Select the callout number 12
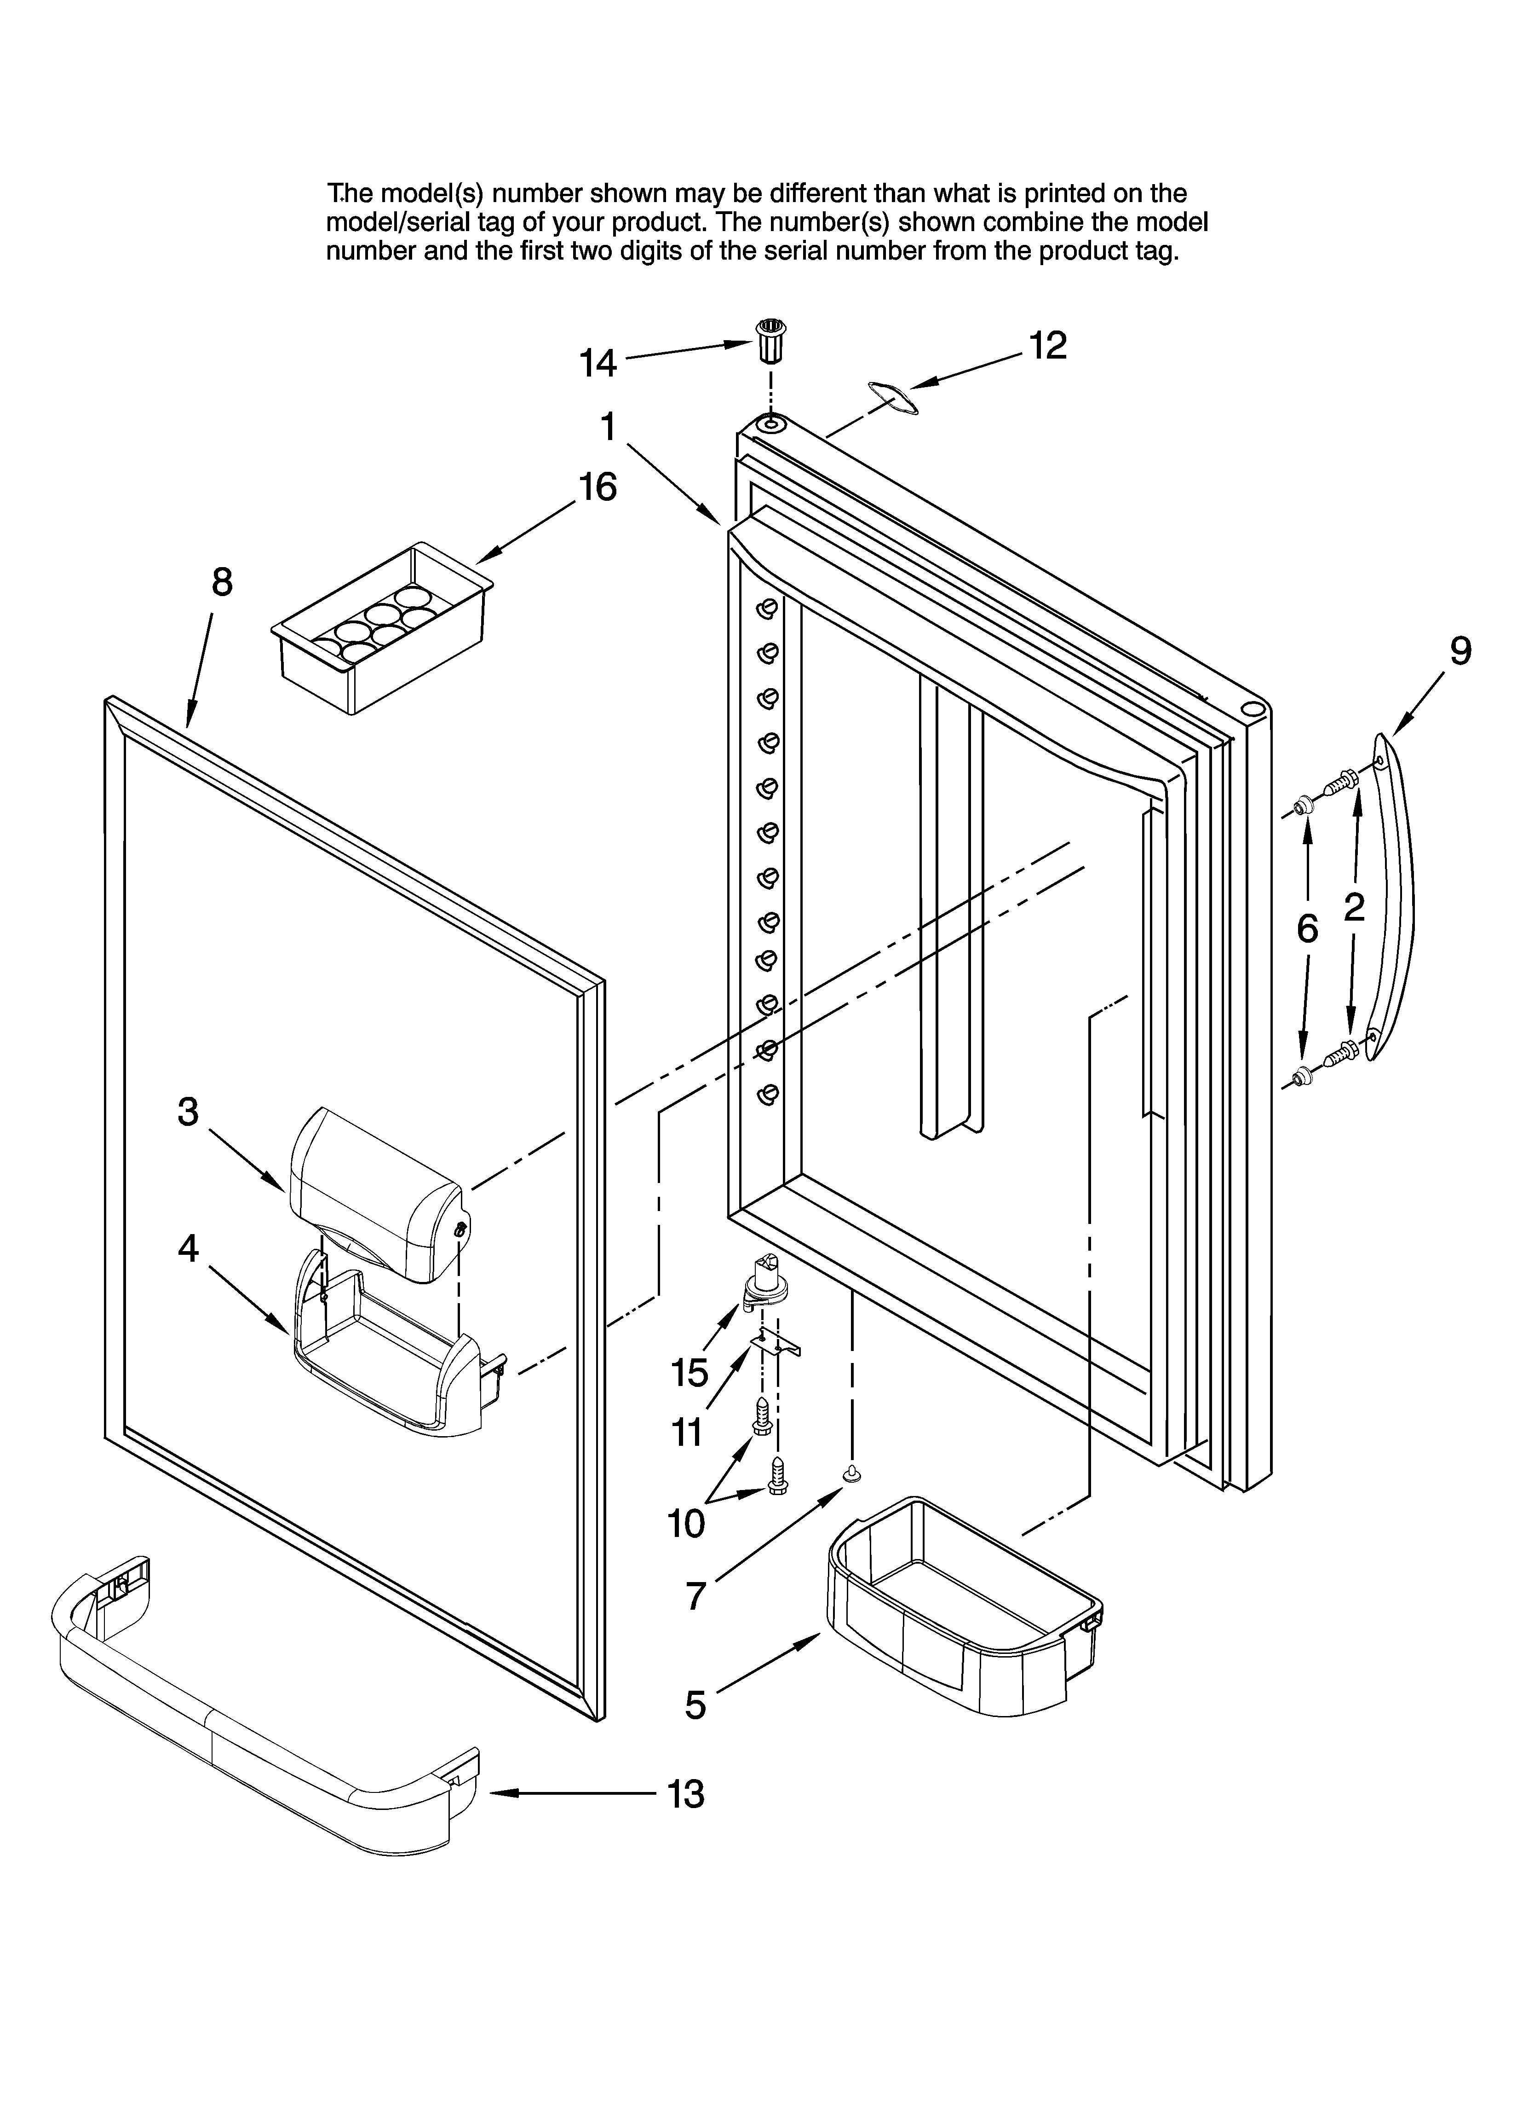coord(1048,346)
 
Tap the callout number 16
coord(598,488)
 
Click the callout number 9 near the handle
coord(1460,651)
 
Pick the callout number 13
coord(685,1794)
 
